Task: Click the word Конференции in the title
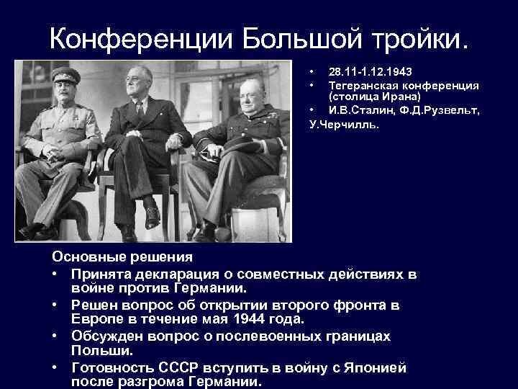[141, 39]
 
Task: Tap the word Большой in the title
[301, 38]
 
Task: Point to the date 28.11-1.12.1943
[370, 72]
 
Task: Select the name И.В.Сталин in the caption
[361, 110]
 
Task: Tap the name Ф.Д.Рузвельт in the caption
[439, 110]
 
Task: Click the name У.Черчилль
[344, 125]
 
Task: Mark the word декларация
[177, 274]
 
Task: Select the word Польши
[101, 351]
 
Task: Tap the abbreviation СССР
[178, 368]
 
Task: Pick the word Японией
[375, 368]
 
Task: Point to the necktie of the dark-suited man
[140, 109]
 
